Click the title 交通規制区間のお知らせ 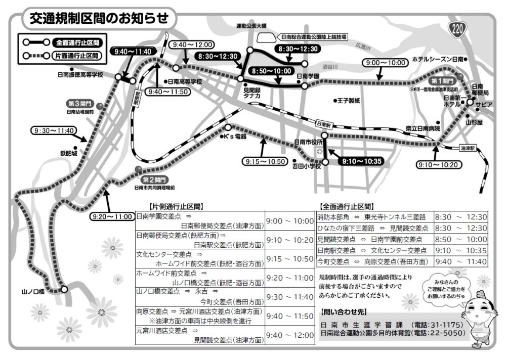99,19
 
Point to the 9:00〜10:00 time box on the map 384,63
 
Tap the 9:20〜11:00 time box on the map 111,216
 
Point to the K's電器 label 234,137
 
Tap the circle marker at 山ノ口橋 64,289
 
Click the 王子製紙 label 350,101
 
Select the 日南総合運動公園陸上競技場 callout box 313,37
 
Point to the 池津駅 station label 468,149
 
